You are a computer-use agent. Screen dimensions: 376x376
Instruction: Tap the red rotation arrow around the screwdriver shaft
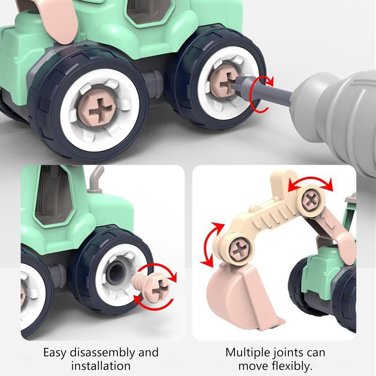point(261,94)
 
